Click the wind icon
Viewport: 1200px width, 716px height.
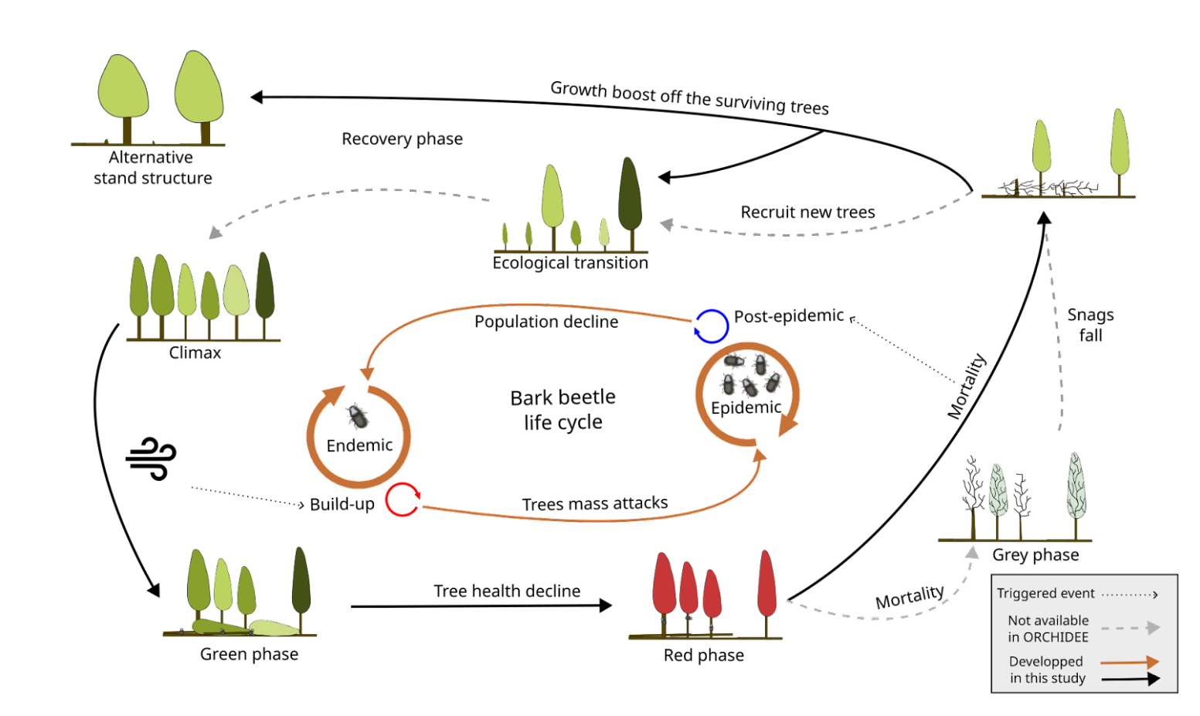click(x=151, y=459)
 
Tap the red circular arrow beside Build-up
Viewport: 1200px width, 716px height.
click(x=403, y=499)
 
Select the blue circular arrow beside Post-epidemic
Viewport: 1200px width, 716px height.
click(x=711, y=326)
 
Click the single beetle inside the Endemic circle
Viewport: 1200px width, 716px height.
click(x=357, y=416)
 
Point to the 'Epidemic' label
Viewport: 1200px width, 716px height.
click(x=746, y=407)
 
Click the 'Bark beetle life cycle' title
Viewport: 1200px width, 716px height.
click(x=563, y=409)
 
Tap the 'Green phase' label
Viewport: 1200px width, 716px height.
click(x=249, y=654)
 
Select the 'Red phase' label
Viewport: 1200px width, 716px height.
click(x=703, y=655)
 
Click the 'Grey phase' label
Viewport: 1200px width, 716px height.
click(x=1035, y=554)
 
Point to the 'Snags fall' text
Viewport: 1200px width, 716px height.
click(x=1090, y=325)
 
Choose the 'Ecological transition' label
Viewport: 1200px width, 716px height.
click(x=570, y=263)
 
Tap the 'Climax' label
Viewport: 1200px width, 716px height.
click(x=195, y=353)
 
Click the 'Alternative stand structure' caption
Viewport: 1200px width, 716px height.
click(x=152, y=168)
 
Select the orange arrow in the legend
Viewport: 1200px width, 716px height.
click(x=1129, y=662)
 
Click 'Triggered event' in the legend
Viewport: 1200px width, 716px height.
click(x=1045, y=593)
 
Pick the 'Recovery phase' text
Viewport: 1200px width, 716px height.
click(x=402, y=139)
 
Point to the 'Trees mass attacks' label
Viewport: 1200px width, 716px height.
click(x=594, y=504)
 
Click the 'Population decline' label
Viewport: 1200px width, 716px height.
click(x=546, y=322)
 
